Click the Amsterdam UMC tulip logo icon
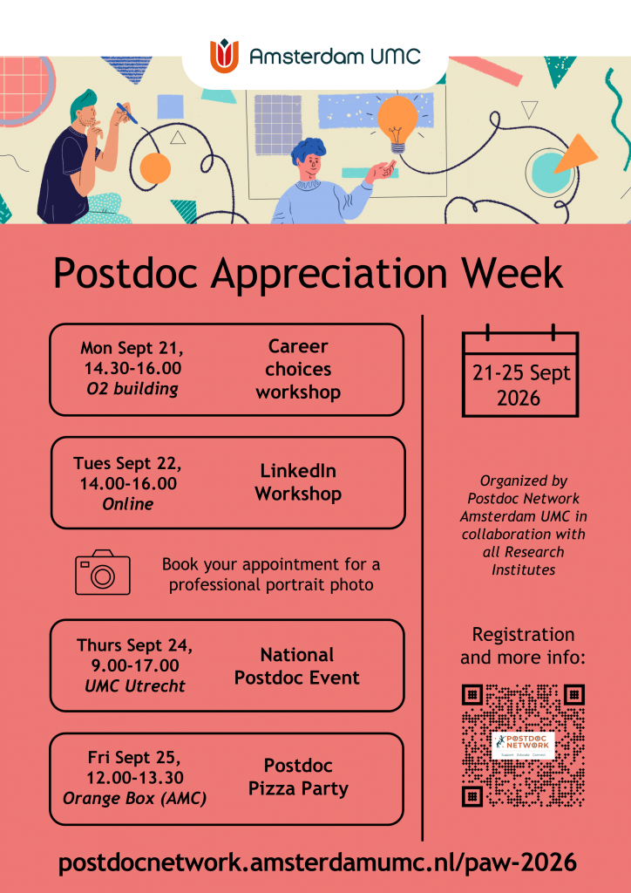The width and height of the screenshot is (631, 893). [225, 56]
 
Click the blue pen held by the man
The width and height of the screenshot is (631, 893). [127, 112]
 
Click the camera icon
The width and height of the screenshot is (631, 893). [103, 572]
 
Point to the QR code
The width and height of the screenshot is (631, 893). [523, 746]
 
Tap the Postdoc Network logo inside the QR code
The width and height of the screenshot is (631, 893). [523, 745]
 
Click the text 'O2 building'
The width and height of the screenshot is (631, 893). [132, 390]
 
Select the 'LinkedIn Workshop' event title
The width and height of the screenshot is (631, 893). [298, 482]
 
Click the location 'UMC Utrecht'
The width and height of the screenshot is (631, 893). [135, 685]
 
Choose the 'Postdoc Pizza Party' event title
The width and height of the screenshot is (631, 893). [298, 777]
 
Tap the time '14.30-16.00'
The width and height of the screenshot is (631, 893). [132, 369]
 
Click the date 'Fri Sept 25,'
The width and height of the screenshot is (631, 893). [134, 758]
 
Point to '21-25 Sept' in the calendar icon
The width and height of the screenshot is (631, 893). [521, 373]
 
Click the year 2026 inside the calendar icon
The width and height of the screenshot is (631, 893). [519, 398]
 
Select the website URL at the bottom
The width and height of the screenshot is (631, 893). [317, 863]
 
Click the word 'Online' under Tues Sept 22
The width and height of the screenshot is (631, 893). [128, 504]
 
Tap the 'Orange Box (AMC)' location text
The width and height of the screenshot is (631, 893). [134, 799]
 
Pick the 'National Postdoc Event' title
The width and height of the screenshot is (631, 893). [297, 666]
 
